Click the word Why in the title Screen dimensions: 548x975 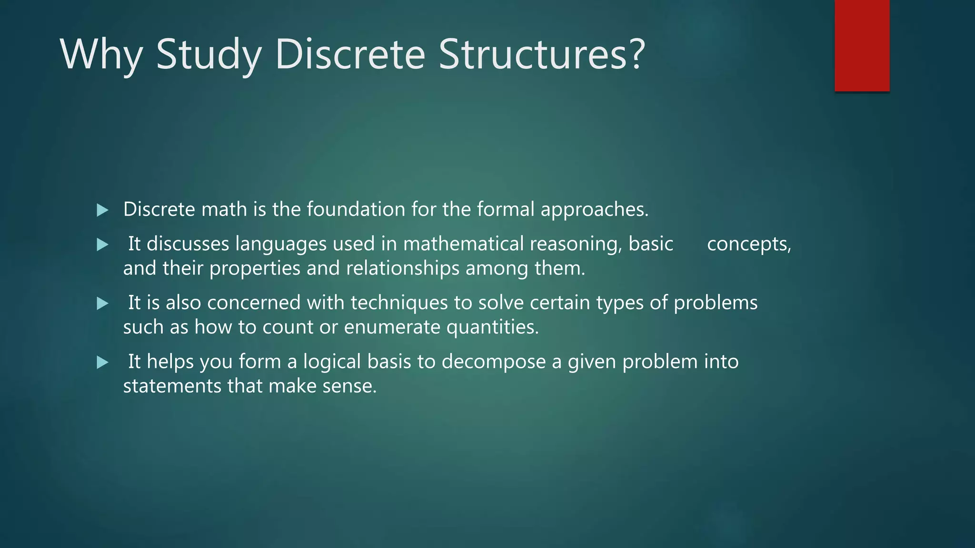[101, 55]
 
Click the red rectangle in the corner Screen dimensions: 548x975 [862, 45]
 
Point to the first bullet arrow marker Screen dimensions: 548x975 [102, 210]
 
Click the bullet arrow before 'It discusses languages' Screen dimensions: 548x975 [102, 245]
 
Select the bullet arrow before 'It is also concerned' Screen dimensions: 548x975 [102, 303]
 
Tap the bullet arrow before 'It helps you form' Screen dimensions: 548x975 [102, 362]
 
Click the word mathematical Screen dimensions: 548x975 [463, 244]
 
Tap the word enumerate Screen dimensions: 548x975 [392, 327]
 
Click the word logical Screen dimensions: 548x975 [332, 362]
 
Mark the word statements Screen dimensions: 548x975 [172, 386]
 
